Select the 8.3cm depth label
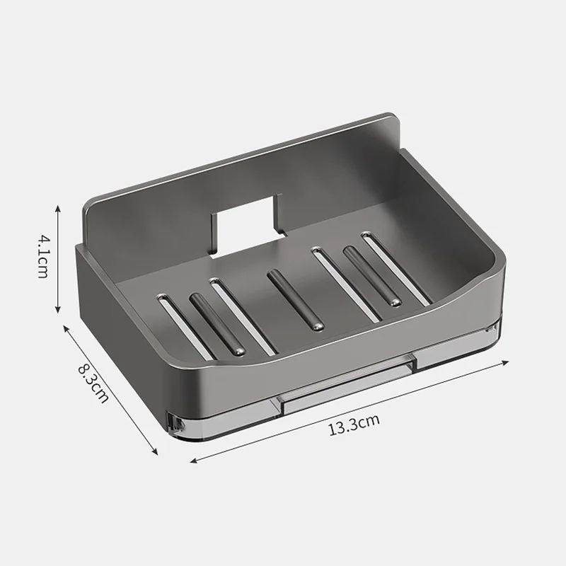click(92, 383)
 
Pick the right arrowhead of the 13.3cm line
click(507, 362)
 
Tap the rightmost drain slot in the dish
click(395, 270)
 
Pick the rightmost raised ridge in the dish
click(372, 276)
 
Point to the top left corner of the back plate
click(88, 205)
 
